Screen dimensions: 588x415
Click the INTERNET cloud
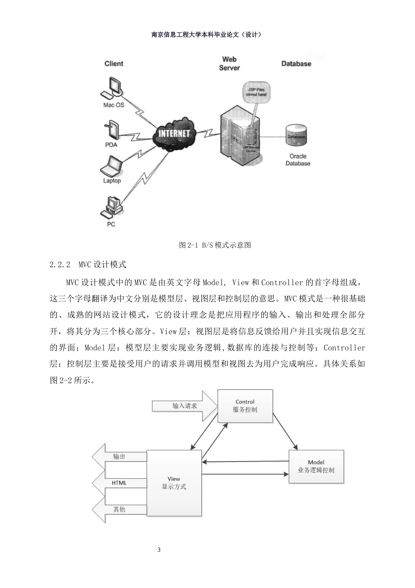(174, 133)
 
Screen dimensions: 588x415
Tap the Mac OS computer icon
(112, 88)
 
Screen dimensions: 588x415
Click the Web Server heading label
(229, 63)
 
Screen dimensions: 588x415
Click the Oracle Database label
(297, 160)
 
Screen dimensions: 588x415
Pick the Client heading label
(114, 64)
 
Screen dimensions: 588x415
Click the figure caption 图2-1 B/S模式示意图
(215, 245)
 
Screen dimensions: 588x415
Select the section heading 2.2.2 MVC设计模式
(88, 265)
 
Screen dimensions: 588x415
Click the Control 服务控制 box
(245, 406)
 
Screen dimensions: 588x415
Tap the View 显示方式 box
(174, 483)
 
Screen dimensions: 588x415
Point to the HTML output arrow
(119, 483)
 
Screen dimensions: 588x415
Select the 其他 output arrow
(119, 509)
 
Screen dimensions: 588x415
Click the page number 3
(159, 549)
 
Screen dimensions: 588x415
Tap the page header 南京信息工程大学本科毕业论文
(207, 35)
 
